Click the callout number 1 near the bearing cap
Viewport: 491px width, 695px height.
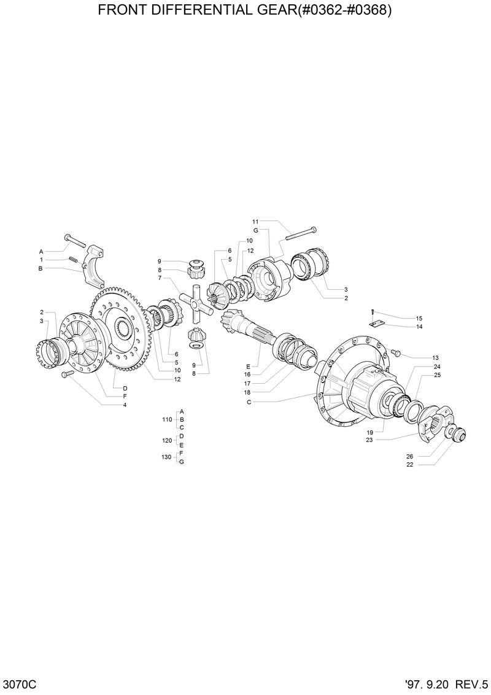coord(42,260)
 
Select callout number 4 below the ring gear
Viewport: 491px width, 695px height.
coord(125,405)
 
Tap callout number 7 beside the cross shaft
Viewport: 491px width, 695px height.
coord(159,278)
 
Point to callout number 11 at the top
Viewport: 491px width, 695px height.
coord(255,221)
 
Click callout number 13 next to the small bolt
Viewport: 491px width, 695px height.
coord(435,357)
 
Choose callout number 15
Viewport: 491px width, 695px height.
coord(419,319)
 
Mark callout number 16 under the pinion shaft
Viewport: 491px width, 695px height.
coord(247,374)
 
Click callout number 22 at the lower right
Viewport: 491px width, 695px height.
coord(410,465)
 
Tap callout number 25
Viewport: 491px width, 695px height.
coord(437,375)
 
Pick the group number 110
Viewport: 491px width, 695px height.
coord(166,419)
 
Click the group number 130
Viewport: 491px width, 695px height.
coord(166,457)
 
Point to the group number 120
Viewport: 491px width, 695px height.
coord(166,440)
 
